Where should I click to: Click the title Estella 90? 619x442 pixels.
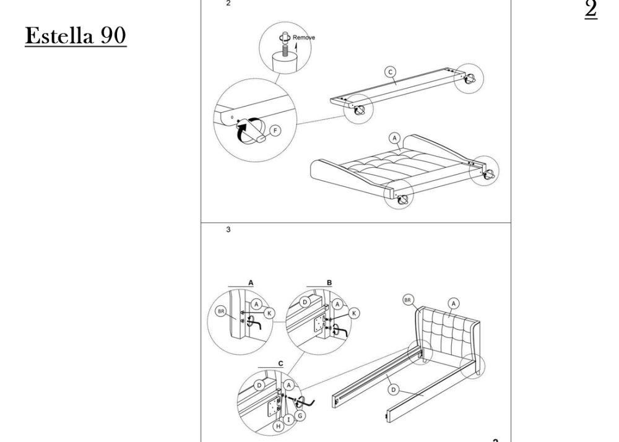coord(76,35)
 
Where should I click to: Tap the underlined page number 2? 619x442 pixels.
coord(591,9)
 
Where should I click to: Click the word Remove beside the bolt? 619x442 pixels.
coord(303,38)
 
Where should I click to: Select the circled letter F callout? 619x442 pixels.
coord(275,131)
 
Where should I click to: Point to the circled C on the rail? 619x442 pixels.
coord(390,72)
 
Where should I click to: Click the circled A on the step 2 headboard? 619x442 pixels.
coord(394,138)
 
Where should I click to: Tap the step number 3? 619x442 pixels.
coord(228,229)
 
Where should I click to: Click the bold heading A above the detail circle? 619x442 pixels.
coord(251,282)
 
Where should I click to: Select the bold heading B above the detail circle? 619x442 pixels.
coord(329,282)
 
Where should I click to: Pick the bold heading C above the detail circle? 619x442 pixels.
coord(280,363)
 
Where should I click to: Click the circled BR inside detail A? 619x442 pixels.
coord(221,311)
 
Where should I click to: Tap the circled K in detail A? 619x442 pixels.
coord(269,313)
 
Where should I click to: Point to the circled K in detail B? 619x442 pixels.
coord(354,313)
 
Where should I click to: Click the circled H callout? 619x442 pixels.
coord(279,426)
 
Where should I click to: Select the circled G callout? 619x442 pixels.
coord(300,416)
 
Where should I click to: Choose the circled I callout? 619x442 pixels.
coord(288,420)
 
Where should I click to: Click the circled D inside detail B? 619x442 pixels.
coord(305,302)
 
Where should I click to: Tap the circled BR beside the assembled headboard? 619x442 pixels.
coord(408,300)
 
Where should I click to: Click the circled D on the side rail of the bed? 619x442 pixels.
coord(393,390)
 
